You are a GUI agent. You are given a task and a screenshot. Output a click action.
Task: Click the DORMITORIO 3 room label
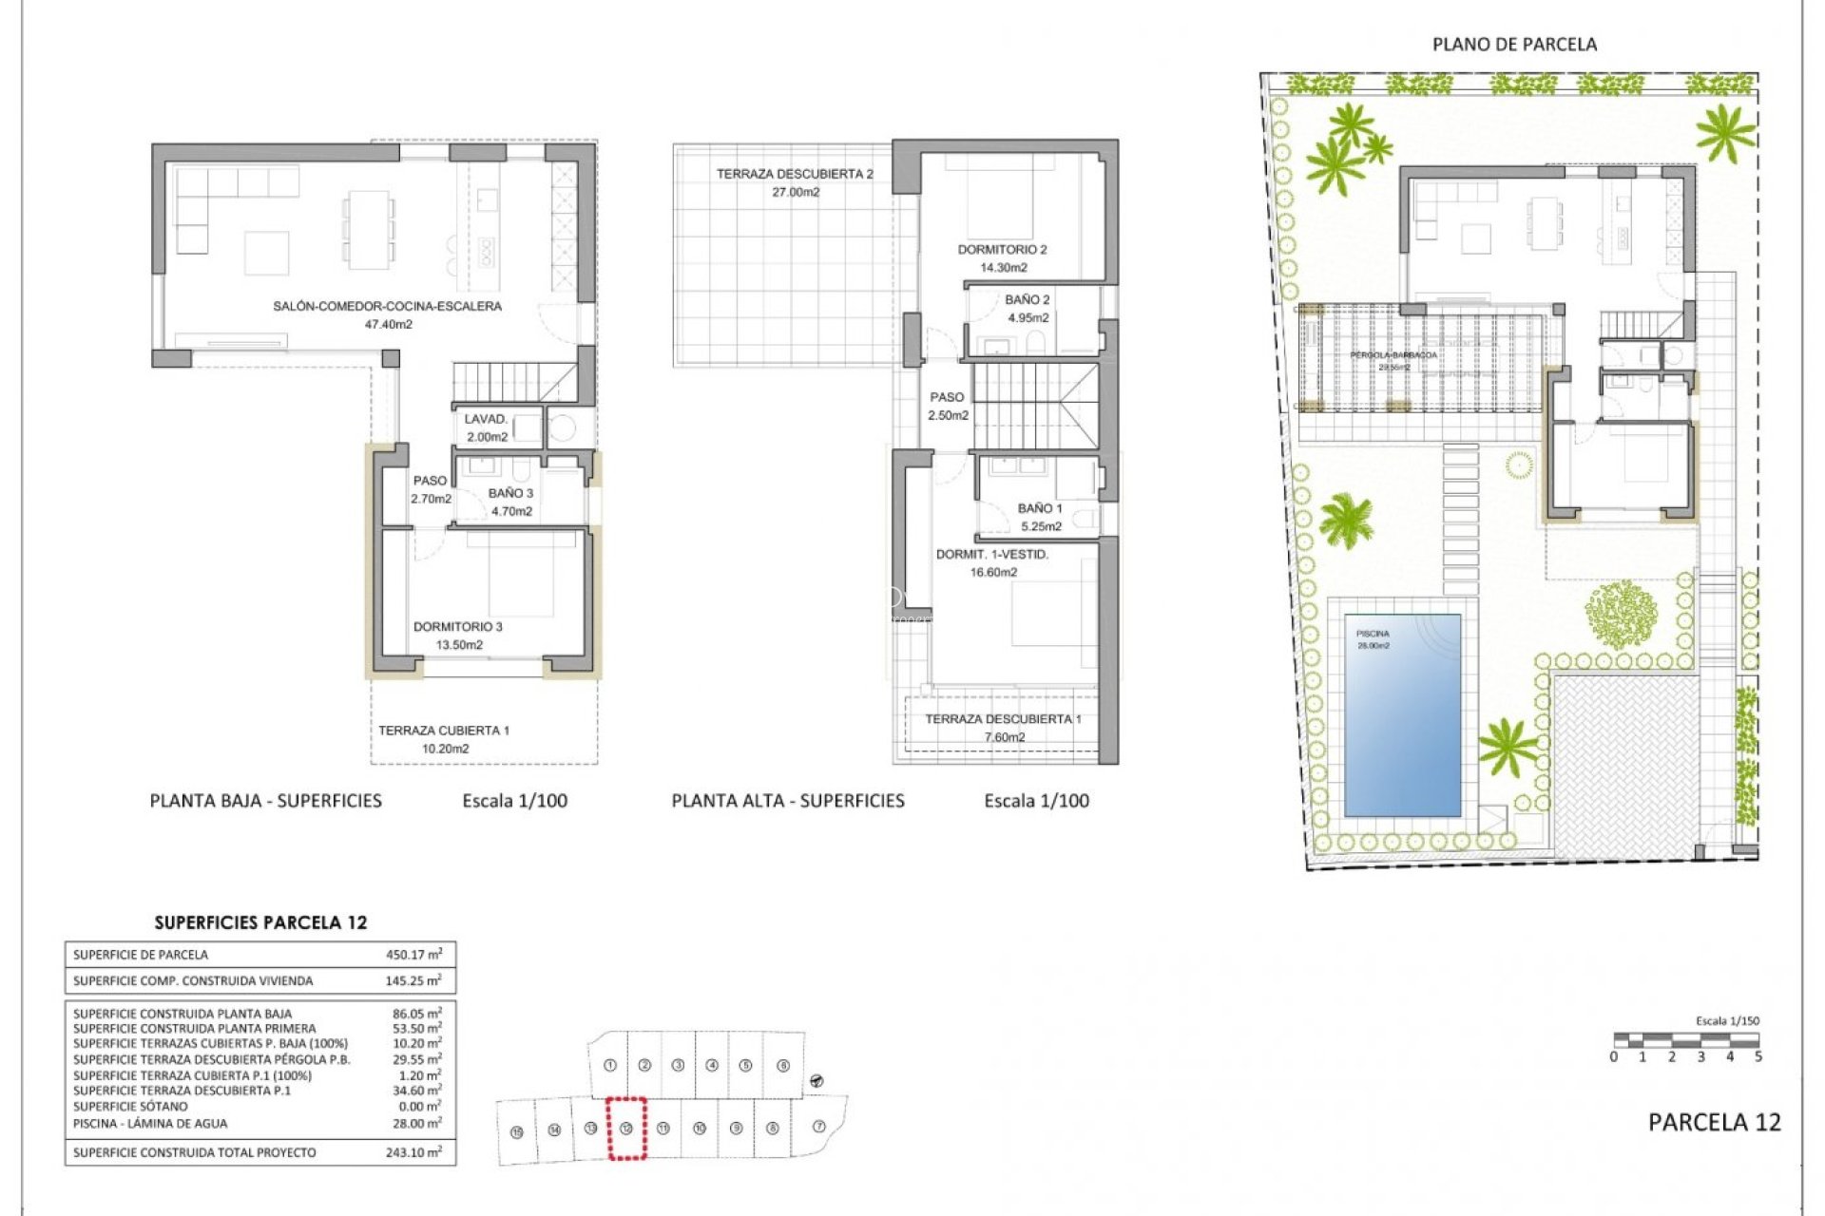pos(458,627)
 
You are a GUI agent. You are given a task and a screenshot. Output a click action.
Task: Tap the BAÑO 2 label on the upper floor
pos(1028,300)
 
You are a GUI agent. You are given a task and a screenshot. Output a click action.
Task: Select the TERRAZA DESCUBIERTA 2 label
pos(795,174)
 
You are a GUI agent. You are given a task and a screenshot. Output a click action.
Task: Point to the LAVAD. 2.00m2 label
pos(487,427)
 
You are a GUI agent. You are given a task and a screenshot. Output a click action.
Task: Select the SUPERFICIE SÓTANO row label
pos(130,1107)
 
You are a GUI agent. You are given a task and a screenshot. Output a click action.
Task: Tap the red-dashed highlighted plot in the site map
pos(626,1129)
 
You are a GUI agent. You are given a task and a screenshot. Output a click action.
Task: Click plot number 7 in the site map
pos(819,1127)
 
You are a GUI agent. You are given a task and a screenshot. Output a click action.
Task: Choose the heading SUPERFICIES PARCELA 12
pos(260,922)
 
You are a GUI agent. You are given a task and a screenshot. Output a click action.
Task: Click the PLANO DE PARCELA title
pos(1514,45)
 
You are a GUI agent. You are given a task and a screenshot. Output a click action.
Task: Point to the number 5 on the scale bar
pos(1758,1056)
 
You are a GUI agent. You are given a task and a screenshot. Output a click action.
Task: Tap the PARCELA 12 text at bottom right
pos(1714,1122)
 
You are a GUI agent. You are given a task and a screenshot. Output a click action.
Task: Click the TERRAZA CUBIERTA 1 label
pos(444,731)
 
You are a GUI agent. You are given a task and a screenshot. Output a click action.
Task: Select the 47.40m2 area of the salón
pos(389,324)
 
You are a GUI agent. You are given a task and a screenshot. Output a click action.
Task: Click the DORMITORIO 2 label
pos(1002,250)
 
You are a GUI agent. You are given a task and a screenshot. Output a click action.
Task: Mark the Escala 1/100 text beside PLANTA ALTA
pos(1036,801)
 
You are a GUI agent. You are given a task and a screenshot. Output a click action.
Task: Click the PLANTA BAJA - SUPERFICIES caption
pos(266,801)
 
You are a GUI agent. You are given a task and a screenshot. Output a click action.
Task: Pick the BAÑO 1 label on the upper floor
pos(1040,508)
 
